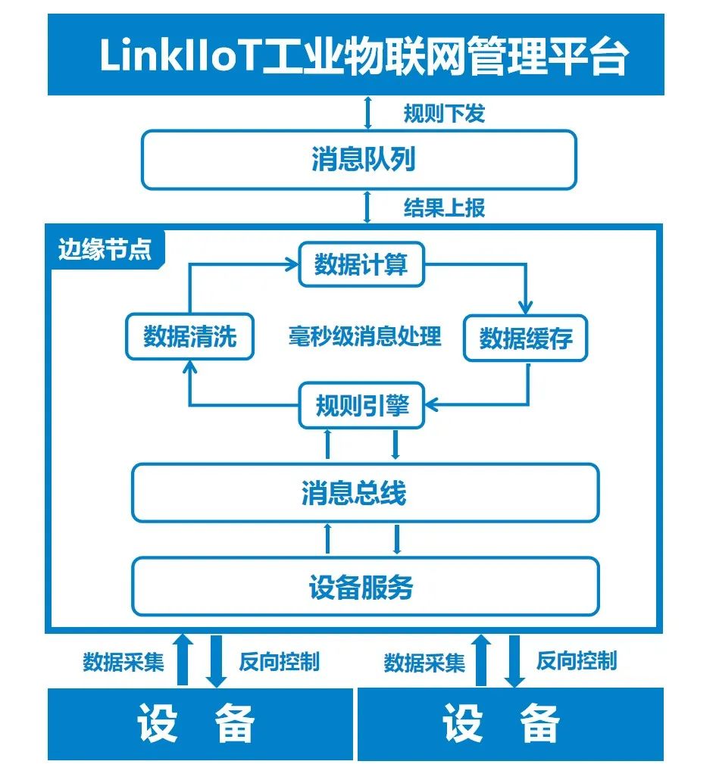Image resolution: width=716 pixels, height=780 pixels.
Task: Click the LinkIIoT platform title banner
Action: point(356,55)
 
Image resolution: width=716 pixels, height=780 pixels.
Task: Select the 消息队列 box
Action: point(358,160)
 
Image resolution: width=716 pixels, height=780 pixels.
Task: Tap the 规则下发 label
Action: point(444,114)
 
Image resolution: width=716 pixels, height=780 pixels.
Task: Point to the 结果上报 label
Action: point(444,207)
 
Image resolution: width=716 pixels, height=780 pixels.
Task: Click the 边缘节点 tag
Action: point(105,249)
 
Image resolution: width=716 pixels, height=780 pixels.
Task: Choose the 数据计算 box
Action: point(361,264)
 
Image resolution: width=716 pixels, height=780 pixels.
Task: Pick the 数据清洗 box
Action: point(189,336)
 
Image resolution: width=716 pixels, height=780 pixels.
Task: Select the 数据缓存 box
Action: point(525,339)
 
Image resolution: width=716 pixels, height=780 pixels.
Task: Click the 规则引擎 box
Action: point(361,405)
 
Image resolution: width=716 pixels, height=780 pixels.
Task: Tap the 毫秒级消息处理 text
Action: point(364,336)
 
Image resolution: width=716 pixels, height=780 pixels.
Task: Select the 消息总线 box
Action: point(365,493)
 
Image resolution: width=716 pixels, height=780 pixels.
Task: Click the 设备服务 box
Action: point(365,586)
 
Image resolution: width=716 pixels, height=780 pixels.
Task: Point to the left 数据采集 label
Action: point(123,662)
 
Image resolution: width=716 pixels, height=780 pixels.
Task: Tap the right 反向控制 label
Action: point(576,661)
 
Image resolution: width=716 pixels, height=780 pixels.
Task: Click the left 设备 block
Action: point(200,724)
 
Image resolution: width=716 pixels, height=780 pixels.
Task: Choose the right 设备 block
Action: point(511,724)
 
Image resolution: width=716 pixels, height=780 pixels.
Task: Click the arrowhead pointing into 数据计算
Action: point(292,264)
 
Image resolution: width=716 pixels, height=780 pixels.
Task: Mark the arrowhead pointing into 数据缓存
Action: point(525,307)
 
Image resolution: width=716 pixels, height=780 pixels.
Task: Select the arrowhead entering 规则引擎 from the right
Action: point(432,404)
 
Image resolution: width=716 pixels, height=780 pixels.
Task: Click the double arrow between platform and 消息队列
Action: point(367,113)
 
